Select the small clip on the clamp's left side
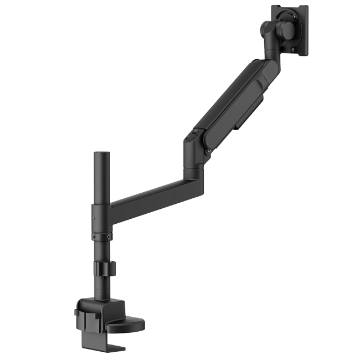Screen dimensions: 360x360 click(77, 315)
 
